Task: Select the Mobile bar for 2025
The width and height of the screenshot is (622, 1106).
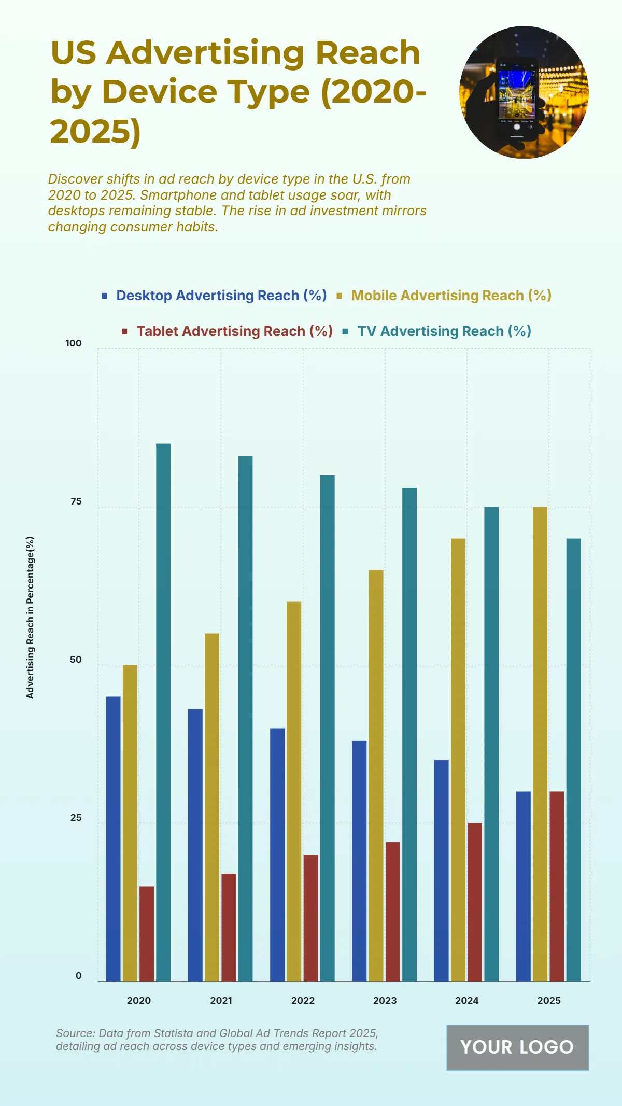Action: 540,744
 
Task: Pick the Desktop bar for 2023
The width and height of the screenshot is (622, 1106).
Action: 359,861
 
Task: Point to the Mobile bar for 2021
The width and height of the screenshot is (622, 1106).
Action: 212,807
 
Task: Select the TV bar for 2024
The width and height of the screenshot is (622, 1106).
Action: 491,744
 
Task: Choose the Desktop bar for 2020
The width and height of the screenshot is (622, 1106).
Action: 113,838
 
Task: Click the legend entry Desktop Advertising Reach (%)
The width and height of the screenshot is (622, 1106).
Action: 221,296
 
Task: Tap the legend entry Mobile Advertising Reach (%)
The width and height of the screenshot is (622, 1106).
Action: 451,296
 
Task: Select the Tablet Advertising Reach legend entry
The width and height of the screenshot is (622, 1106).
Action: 234,331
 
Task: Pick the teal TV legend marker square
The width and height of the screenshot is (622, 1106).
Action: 346,331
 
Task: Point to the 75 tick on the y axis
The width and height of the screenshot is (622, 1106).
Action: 76,501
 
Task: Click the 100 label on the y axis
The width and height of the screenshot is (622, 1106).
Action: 74,343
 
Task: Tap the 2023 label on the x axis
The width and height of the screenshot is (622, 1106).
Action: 385,1000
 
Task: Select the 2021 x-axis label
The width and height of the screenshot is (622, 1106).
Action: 221,1000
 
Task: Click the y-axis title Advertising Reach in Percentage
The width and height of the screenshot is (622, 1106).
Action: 30,617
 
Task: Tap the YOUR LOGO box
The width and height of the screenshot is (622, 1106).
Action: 517,1047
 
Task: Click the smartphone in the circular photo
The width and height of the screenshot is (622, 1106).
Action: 517,97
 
